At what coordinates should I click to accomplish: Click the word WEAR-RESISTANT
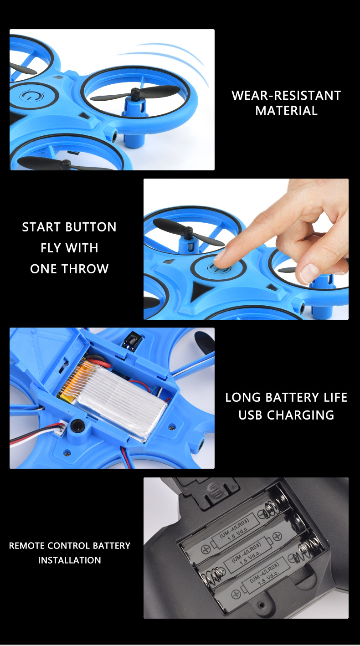coord(286,96)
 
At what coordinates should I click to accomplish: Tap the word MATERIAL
coord(286,111)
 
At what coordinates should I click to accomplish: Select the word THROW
coord(85,269)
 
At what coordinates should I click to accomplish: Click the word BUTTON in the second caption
coord(91,227)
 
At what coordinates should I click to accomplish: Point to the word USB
coord(250,415)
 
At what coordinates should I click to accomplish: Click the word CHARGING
coord(300,415)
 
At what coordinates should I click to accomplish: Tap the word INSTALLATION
coord(70,560)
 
